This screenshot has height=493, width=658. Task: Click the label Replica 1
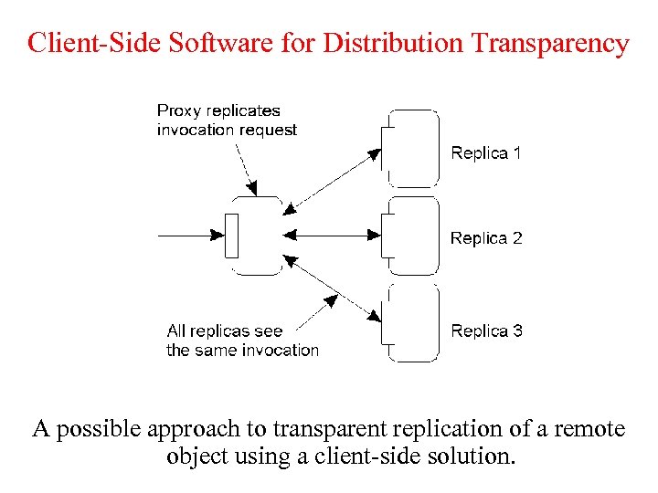click(485, 153)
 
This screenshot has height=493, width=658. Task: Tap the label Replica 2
click(485, 238)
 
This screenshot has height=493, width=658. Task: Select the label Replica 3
click(486, 330)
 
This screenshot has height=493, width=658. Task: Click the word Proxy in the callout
click(178, 111)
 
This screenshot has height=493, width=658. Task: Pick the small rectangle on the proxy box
click(231, 236)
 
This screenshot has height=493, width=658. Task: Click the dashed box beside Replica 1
click(411, 148)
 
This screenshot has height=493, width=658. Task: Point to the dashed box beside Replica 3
click(411, 324)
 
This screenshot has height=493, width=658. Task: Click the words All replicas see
click(225, 330)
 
